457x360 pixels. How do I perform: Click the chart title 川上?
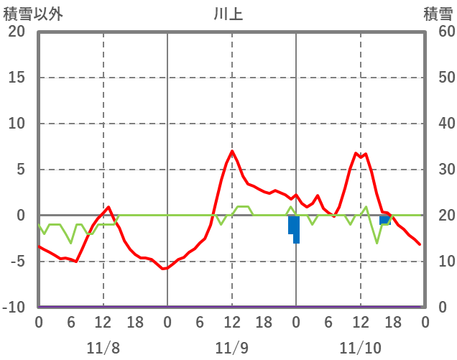coord(228,14)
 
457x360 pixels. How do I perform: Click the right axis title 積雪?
coord(437,14)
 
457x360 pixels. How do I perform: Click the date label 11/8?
coord(103,349)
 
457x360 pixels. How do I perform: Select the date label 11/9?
coord(231,349)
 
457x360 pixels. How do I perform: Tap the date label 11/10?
coord(360,349)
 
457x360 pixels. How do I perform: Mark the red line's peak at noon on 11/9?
coord(232,152)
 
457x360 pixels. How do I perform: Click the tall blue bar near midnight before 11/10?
coord(295,229)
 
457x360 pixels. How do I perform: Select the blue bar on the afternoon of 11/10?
coord(384,220)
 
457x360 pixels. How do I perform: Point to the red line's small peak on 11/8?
coord(109,207)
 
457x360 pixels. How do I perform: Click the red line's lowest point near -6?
coord(163,269)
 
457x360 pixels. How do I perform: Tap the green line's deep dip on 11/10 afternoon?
coord(377,243)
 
